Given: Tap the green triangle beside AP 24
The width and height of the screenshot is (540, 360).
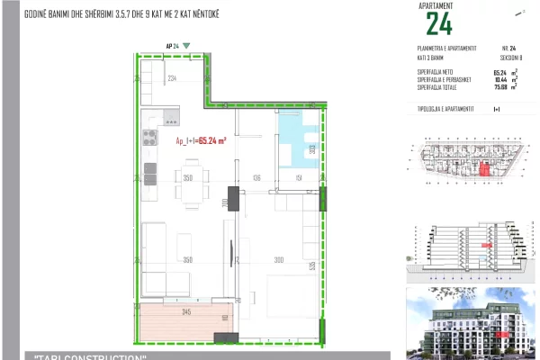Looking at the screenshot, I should (186, 44).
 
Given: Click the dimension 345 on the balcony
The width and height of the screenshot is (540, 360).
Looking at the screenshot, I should (186, 312).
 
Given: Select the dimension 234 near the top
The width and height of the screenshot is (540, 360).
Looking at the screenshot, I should (173, 79).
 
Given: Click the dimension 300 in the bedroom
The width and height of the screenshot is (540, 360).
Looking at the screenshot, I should (279, 260).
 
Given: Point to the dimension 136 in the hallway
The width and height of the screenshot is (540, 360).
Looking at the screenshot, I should (256, 178).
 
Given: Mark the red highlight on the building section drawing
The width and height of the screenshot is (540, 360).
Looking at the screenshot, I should (487, 245).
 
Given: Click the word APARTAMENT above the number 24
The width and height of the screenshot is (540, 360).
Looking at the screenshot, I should (437, 5).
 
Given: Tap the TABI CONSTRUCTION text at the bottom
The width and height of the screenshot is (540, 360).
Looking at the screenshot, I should (90, 357).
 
